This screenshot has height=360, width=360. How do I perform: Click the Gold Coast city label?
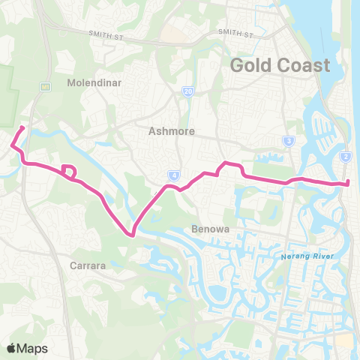click(280, 64)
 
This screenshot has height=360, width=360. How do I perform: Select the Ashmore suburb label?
click(172, 130)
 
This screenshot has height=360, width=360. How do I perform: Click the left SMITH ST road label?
click(104, 33)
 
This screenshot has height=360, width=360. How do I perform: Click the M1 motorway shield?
click(45, 86)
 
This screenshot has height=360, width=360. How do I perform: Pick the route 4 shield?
click(174, 175)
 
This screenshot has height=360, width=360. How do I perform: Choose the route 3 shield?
click(288, 140)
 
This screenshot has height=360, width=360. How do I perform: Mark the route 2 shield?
click(345, 156)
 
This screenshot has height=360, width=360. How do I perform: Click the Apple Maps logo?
click(27, 348)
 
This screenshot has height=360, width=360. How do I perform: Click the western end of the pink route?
click(23, 127)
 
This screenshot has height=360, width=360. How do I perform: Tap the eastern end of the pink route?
click(349, 183)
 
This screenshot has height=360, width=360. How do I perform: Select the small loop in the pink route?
click(68, 172)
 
